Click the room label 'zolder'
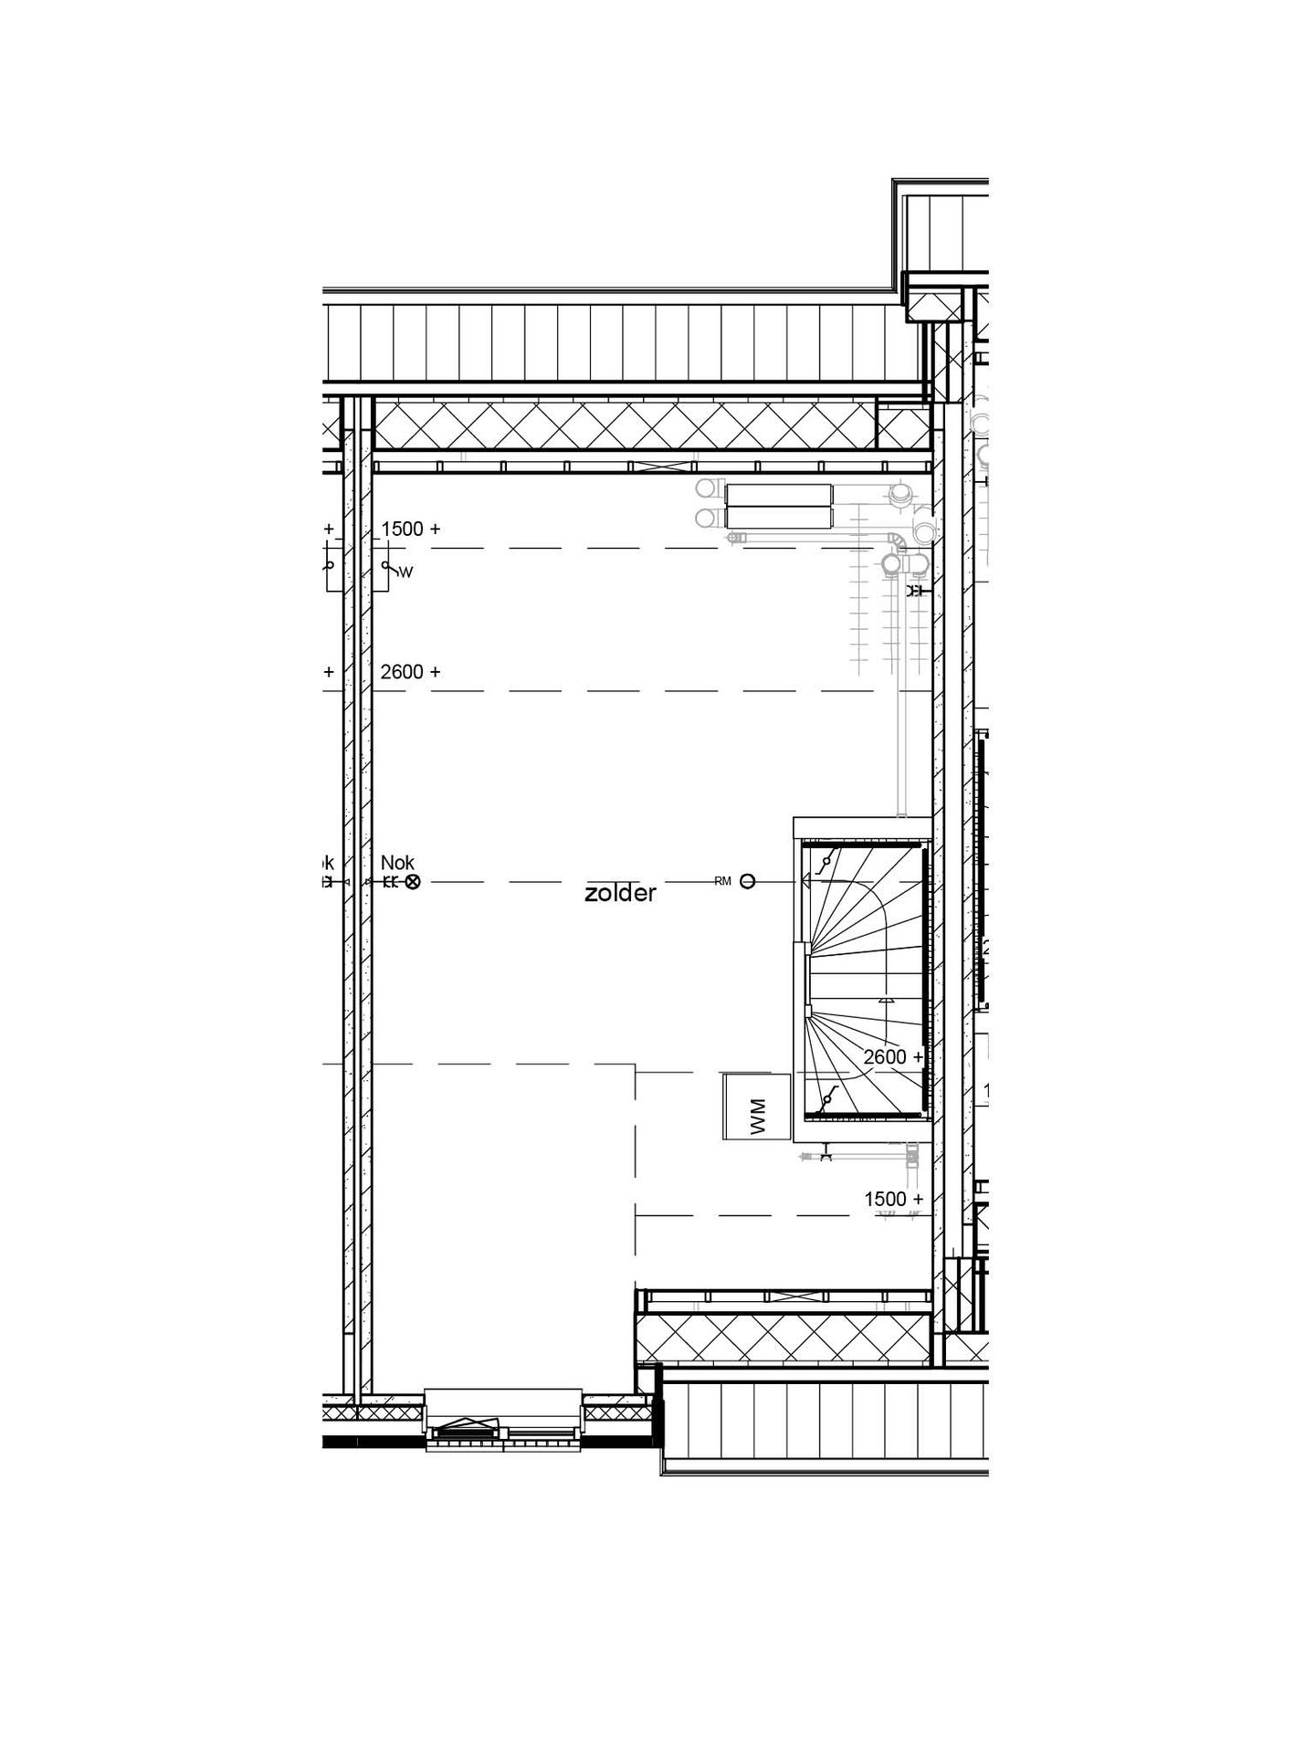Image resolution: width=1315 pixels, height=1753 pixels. click(620, 893)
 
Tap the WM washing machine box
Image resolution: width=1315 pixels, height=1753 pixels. click(755, 1106)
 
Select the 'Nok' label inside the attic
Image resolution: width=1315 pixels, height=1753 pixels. click(397, 863)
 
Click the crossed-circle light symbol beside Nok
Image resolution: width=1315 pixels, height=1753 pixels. click(413, 882)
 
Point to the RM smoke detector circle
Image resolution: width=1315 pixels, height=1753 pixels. click(747, 882)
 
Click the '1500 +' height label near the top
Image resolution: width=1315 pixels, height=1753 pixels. click(410, 529)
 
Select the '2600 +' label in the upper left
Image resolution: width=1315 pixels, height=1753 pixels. click(410, 672)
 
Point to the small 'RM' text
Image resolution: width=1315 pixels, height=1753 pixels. click(723, 881)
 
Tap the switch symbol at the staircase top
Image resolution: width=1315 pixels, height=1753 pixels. click(828, 860)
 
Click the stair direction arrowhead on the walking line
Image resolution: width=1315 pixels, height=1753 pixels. click(885, 1001)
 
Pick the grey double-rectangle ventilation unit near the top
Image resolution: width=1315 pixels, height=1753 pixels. click(778, 507)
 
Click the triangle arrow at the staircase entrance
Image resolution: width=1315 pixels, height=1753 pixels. click(806, 882)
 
